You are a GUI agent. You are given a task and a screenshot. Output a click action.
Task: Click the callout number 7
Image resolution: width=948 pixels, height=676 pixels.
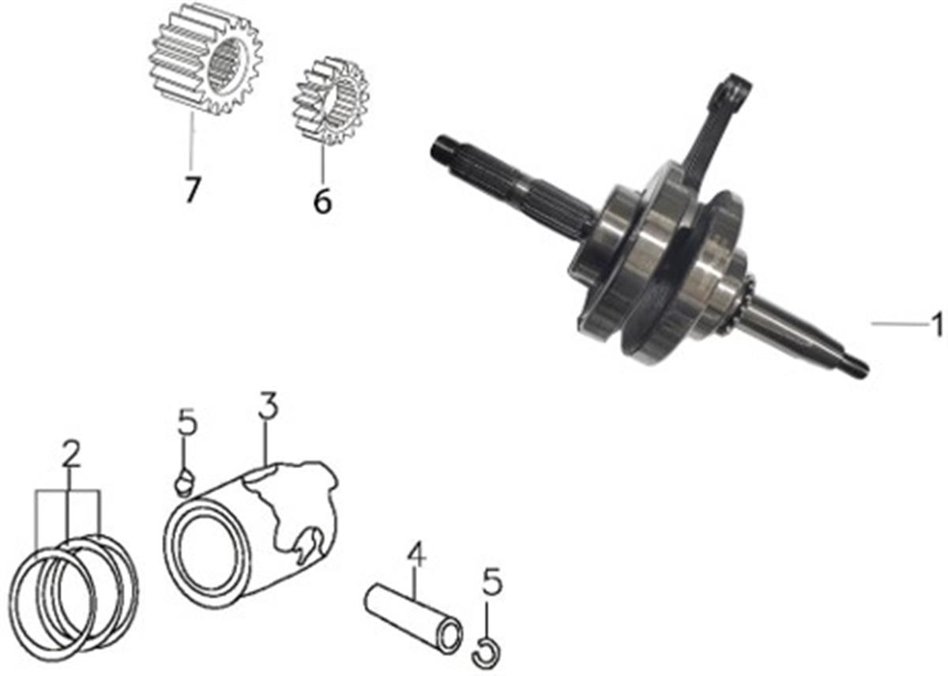pos(192,190)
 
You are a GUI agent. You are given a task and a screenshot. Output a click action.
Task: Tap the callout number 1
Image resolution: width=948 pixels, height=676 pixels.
pos(939,325)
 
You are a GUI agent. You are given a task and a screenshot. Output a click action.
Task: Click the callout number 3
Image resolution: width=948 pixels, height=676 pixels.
pos(269,405)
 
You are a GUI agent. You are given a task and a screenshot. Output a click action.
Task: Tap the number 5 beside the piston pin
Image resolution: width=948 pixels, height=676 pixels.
pos(491,581)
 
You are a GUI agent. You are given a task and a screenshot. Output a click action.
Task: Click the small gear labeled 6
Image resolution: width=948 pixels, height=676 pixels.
pos(331,100)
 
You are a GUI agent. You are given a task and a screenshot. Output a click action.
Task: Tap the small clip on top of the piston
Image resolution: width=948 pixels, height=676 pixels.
pos(185,483)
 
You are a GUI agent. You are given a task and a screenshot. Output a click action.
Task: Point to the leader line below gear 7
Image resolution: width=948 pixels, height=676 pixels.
pos(192,141)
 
